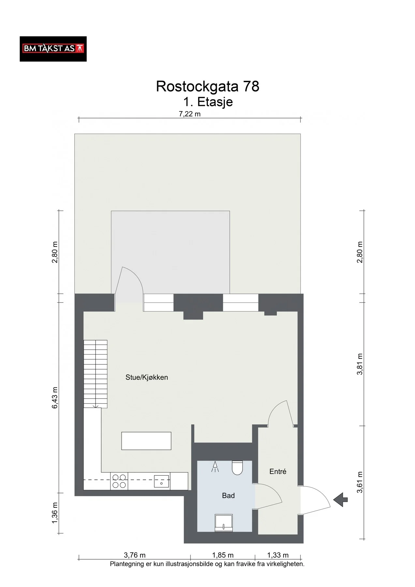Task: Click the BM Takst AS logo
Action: [x=53, y=49]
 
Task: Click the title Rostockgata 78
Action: [x=208, y=86]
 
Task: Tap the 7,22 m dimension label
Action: [x=190, y=114]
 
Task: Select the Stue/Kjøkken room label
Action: [x=147, y=377]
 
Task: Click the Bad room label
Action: [x=228, y=495]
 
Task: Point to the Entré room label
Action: [x=278, y=471]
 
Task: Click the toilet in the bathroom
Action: [x=237, y=468]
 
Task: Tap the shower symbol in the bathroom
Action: [x=215, y=467]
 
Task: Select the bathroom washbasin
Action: [x=224, y=523]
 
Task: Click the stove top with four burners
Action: [x=119, y=481]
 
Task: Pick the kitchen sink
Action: [x=162, y=481]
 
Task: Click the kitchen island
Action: [x=146, y=441]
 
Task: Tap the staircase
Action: [x=96, y=374]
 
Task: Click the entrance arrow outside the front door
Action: [x=341, y=499]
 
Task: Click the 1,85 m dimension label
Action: [x=223, y=555]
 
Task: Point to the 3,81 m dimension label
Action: [x=360, y=364]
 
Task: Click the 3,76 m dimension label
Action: [x=135, y=555]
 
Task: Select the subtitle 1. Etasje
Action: [x=208, y=102]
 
